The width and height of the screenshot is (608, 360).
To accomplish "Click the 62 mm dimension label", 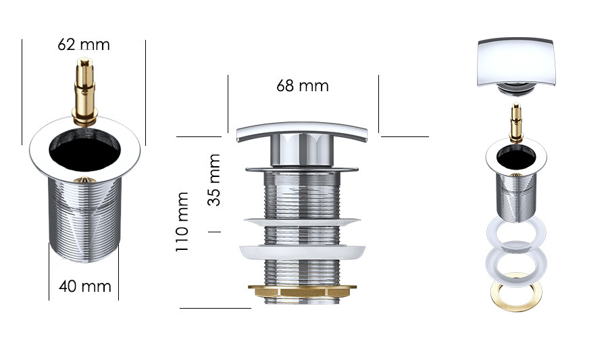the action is click(x=84, y=45).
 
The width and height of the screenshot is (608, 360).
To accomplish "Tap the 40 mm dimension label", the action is click(x=85, y=286).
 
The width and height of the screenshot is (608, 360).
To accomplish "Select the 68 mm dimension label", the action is click(x=303, y=86).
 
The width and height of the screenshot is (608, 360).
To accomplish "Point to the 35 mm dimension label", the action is click(x=214, y=180).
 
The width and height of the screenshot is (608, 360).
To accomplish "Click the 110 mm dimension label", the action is click(x=182, y=222).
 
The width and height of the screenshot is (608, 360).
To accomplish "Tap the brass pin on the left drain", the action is click(x=85, y=91).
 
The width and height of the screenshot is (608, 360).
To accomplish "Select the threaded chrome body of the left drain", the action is click(x=85, y=220).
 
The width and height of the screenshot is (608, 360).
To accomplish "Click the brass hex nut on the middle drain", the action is click(x=302, y=291).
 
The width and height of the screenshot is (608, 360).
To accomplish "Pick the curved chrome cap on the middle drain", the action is click(x=302, y=132).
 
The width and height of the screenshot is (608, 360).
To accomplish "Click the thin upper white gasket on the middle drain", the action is click(x=302, y=222).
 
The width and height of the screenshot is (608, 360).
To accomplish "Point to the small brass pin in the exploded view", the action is click(x=516, y=123).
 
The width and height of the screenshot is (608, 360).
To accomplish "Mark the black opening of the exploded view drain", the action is click(x=516, y=157).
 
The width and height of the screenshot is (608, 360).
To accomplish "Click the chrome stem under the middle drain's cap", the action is click(x=302, y=151).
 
